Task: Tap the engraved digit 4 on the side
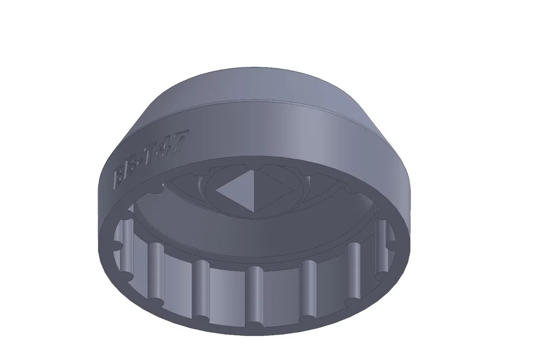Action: pyautogui.click(x=167, y=147)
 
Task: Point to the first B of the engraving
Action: pyautogui.click(x=120, y=175)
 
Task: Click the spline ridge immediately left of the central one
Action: pyautogui.click(x=201, y=288)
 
